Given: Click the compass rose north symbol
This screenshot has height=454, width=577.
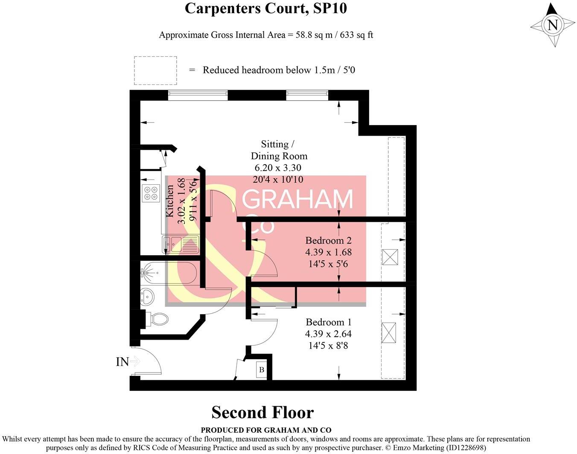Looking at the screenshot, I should coord(553,25).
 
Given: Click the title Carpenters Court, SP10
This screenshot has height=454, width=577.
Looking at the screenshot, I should coord(265,9).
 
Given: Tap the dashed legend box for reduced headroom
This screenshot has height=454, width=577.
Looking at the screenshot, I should coord(155,70).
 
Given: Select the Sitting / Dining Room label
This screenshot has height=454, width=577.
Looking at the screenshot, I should coord(279,150).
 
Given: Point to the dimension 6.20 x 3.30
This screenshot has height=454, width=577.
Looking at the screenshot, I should coord(278,168).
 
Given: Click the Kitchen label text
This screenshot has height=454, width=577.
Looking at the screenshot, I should coord(170,201).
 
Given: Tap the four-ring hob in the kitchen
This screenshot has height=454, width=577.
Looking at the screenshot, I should coord(150,193).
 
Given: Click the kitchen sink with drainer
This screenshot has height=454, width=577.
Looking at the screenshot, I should coord(180,244).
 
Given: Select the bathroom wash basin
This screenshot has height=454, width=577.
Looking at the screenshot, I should coord(147,296).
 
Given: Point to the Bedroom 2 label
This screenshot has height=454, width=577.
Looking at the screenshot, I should coord(328,241).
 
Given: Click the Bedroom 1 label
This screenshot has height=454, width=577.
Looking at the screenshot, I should coord(328,322).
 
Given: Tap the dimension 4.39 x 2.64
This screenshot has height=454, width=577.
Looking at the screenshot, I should coord(328,334).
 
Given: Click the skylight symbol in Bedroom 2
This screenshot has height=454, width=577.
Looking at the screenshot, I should coord(390,257).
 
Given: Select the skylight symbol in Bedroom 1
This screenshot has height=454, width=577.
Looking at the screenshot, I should coord(388,333).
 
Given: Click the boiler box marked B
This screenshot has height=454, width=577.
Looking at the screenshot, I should coord(262,370).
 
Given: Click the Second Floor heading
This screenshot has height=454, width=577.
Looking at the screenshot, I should coord(262,413).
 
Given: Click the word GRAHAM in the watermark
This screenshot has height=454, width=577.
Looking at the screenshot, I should coord(298,199).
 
